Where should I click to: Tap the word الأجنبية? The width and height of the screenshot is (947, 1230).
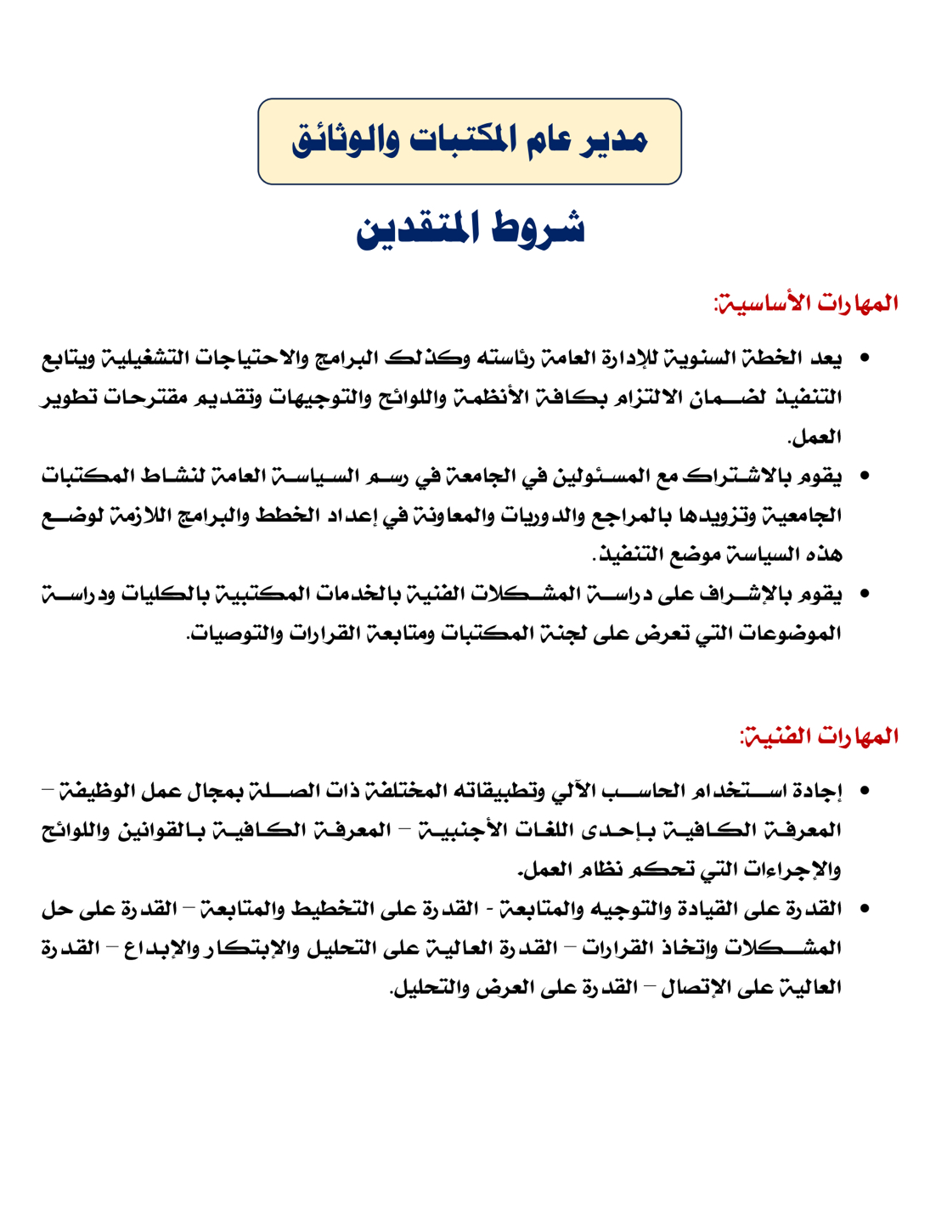coord(454,830)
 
